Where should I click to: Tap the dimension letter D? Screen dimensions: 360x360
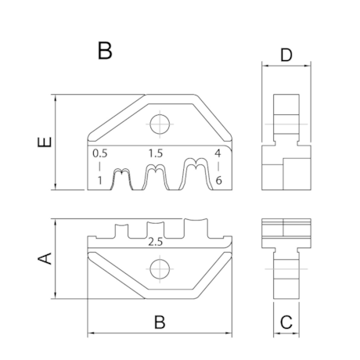(286, 56)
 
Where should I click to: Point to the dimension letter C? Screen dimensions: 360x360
(286, 321)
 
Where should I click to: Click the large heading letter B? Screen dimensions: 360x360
(106, 52)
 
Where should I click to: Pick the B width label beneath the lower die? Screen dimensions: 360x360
(159, 322)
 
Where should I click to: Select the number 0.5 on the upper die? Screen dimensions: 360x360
(99, 154)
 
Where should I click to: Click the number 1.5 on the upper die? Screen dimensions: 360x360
(156, 154)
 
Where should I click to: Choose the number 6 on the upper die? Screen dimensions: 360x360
(220, 181)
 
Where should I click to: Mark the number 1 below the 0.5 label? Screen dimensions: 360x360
(99, 181)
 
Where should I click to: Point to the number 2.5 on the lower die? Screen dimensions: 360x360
(155, 243)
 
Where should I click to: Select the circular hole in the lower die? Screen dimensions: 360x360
(160, 271)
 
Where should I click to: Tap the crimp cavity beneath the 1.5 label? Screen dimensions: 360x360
(156, 178)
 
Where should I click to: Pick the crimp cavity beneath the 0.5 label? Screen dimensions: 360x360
(121, 180)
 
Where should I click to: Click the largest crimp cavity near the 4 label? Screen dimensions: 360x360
(194, 176)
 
